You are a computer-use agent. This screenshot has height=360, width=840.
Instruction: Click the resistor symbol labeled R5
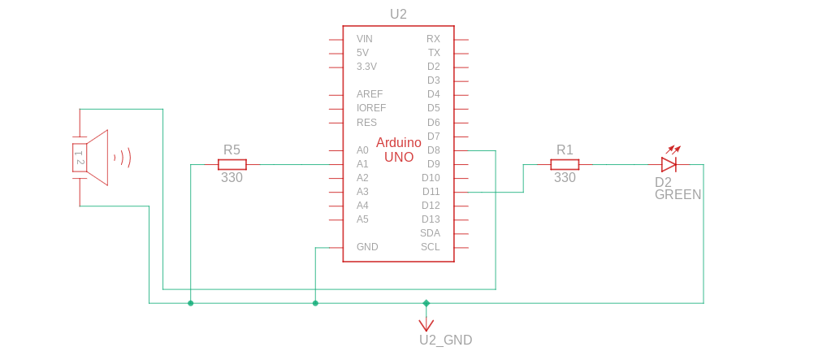(232, 164)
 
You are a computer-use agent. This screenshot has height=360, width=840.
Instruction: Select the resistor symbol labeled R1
(565, 164)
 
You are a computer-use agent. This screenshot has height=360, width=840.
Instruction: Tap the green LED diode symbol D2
(669, 164)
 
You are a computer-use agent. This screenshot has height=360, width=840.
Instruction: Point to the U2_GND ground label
(445, 340)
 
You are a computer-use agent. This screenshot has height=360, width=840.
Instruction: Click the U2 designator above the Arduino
(398, 14)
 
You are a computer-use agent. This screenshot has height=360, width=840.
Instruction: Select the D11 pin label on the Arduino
(431, 192)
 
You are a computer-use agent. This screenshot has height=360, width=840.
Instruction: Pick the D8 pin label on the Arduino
(433, 150)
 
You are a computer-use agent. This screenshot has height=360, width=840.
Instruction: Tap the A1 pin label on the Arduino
(362, 164)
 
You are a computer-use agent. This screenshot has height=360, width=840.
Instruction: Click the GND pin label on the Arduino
(367, 247)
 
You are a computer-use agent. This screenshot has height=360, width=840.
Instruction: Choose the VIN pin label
(365, 39)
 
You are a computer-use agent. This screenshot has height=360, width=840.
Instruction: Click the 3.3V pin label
(366, 67)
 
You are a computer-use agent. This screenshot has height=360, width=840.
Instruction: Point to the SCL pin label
(430, 247)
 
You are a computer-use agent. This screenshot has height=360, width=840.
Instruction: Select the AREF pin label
(369, 94)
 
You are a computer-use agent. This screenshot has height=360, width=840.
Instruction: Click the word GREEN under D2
(678, 195)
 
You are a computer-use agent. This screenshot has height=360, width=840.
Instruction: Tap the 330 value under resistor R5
(232, 177)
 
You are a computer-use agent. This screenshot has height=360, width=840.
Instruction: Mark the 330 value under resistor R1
(565, 177)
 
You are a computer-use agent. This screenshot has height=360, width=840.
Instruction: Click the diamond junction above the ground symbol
(426, 303)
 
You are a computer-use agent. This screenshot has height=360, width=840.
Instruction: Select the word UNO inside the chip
(399, 157)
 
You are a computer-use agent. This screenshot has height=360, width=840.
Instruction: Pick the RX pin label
(433, 39)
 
